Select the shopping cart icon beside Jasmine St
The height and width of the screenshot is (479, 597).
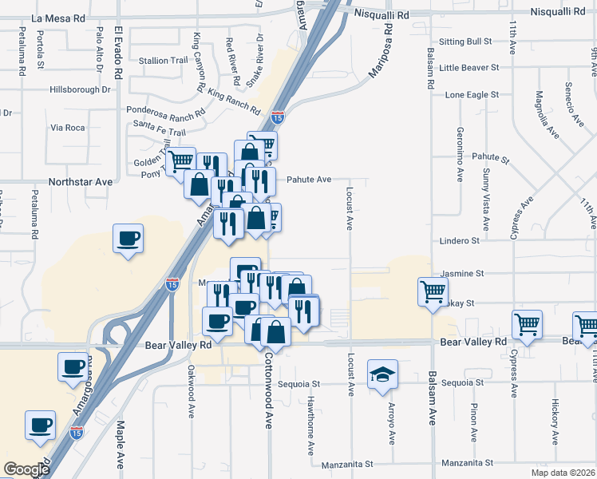(x=433, y=291)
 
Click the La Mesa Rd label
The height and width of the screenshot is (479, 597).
(x=57, y=17)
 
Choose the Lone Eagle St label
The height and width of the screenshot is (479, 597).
(x=472, y=94)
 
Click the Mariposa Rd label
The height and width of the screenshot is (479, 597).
(x=382, y=50)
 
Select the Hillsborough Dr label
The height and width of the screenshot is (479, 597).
(x=79, y=90)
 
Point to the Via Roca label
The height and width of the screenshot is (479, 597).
(x=67, y=128)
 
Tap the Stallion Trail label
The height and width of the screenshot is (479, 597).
(x=164, y=61)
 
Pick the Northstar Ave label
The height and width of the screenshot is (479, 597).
(x=81, y=182)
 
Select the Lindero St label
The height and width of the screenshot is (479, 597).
(x=459, y=240)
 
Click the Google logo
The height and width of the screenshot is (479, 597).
(x=27, y=469)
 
